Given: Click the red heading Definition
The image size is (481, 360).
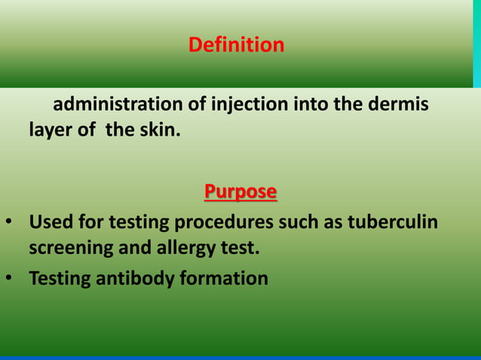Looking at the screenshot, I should point(236,45).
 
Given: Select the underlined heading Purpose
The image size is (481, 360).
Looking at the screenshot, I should point(240,192).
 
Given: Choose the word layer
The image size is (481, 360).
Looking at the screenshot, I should point(50,130).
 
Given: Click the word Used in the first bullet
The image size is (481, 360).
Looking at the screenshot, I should point(51,224).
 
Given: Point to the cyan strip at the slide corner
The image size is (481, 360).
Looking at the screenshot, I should point(476,43).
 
